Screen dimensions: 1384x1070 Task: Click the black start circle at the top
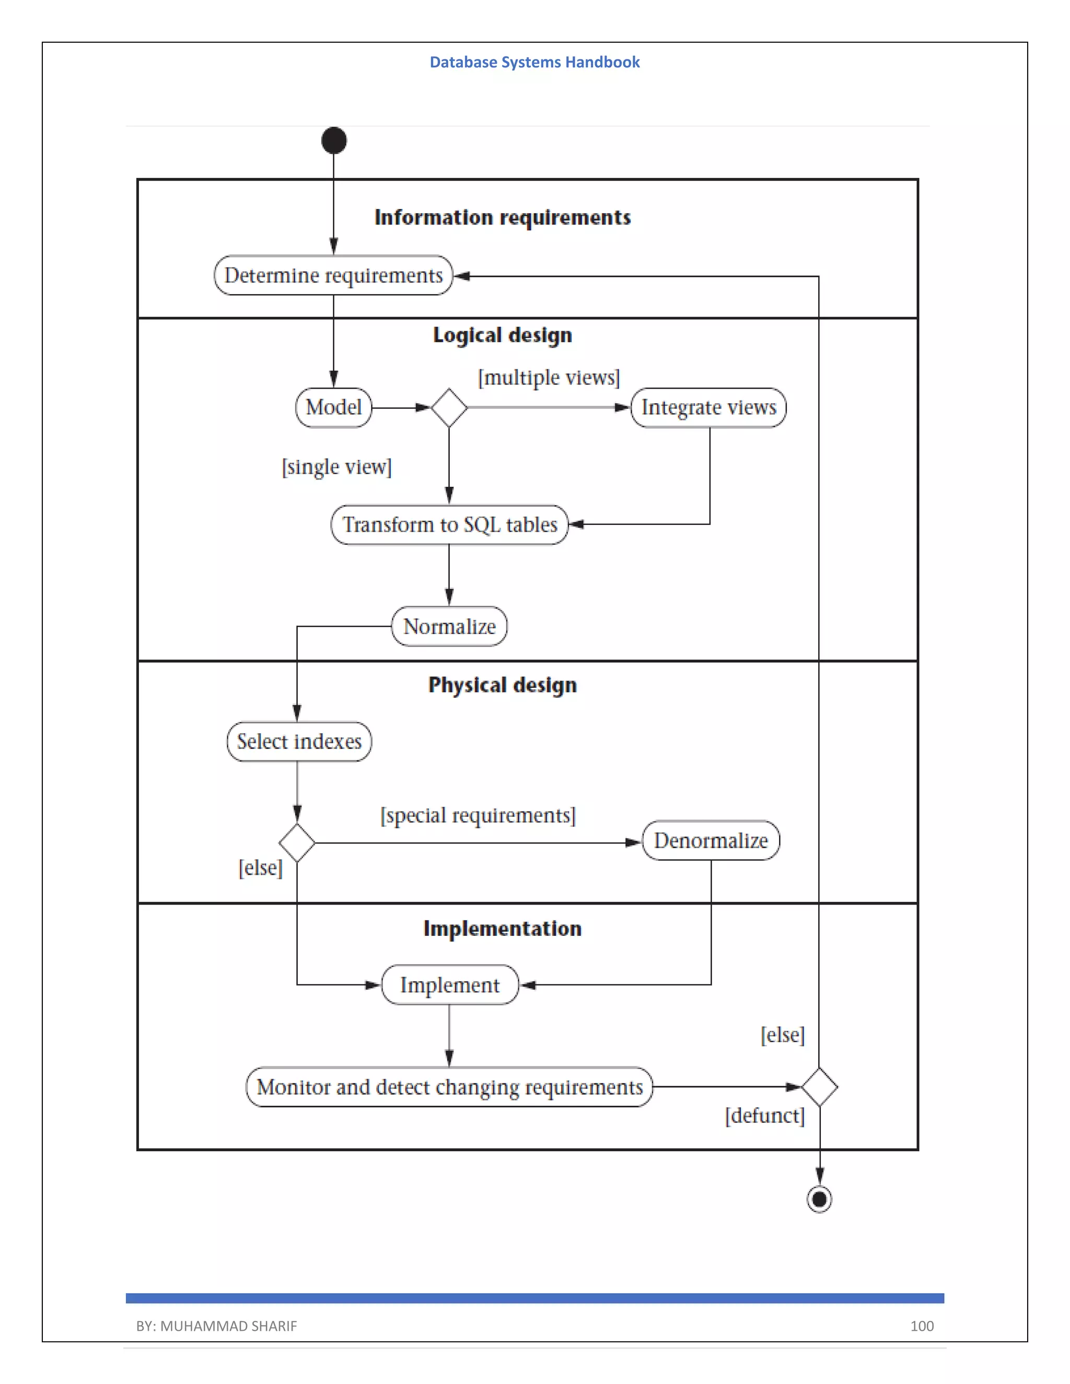click(x=333, y=140)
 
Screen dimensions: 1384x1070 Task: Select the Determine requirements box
click(x=333, y=275)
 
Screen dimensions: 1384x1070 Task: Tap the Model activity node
click(x=333, y=407)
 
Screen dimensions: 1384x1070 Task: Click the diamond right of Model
click(x=449, y=407)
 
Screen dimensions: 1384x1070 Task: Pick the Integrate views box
click(x=708, y=407)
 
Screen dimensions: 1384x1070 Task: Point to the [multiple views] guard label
click(x=548, y=378)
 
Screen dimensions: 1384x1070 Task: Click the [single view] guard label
click(x=336, y=467)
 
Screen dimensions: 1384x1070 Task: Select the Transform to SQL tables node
click(x=449, y=525)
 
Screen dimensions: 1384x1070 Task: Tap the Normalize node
click(x=449, y=626)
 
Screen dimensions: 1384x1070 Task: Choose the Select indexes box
click(x=299, y=742)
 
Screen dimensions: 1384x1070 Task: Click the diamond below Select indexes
click(x=297, y=843)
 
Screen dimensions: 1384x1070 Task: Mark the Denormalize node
click(x=711, y=841)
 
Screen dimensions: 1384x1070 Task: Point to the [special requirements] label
click(x=478, y=815)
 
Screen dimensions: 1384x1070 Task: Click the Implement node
click(x=449, y=985)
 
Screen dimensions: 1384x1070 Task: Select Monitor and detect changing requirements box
click(x=449, y=1087)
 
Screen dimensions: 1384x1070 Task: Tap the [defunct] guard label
click(x=764, y=1116)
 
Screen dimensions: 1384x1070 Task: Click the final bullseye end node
click(x=819, y=1199)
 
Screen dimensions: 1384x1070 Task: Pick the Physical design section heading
click(x=502, y=685)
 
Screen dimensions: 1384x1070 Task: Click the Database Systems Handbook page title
click(x=534, y=62)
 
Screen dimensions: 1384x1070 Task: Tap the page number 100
click(x=921, y=1326)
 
